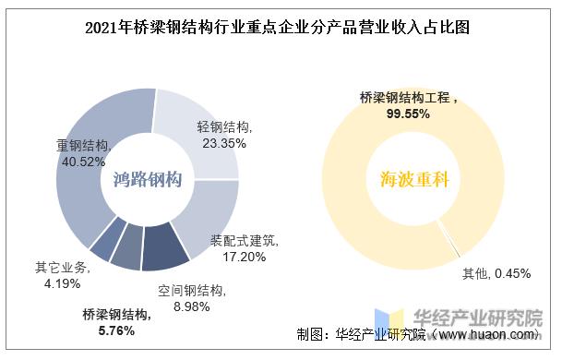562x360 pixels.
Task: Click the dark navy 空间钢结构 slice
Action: tap(166, 246)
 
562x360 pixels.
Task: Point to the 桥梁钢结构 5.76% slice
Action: tap(126, 249)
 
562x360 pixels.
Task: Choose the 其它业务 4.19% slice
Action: tap(102, 237)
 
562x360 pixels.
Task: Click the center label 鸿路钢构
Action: tap(147, 178)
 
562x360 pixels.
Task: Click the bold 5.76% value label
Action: tap(115, 329)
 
